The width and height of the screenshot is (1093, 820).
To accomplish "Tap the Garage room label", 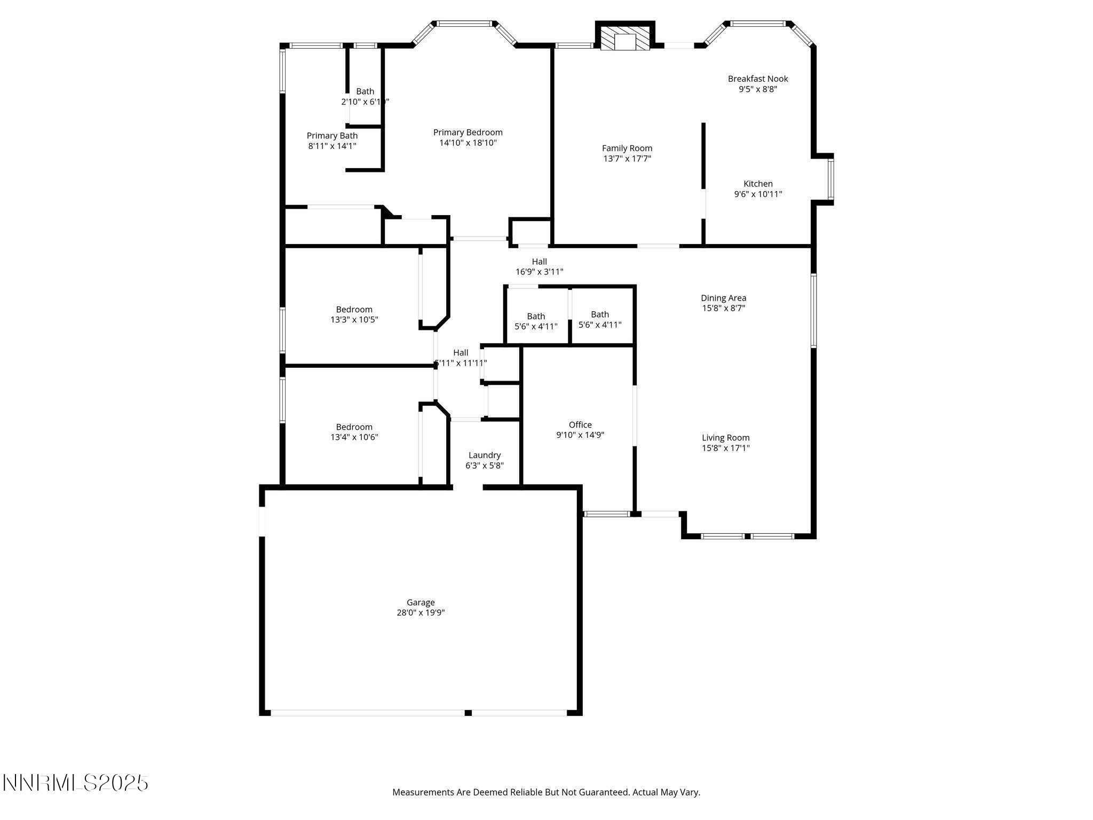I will (420, 602).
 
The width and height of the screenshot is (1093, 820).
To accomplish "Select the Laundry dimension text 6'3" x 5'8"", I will (484, 466).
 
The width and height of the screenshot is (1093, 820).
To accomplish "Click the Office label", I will (580, 425).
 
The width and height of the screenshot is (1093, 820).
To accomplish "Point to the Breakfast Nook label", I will (758, 79).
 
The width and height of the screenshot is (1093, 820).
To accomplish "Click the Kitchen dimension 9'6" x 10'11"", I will (758, 194).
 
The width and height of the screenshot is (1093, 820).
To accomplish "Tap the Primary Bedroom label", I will (468, 132).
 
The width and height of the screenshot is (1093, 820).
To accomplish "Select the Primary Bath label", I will (332, 136).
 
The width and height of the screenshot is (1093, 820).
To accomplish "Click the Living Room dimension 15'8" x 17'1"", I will (725, 448).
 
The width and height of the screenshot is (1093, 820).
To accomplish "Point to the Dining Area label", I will (723, 298).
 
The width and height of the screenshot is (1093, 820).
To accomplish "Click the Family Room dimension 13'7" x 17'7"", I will (627, 159).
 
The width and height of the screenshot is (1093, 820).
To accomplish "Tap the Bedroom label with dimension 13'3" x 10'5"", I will (354, 310).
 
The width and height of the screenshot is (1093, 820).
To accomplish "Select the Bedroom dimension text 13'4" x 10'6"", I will (354, 437).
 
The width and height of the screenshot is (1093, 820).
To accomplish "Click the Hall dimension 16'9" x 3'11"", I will (539, 272).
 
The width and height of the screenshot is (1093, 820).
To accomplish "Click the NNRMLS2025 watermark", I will (75, 783).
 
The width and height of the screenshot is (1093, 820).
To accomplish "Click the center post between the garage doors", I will (468, 713).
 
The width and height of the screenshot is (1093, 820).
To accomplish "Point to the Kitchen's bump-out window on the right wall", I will (831, 179).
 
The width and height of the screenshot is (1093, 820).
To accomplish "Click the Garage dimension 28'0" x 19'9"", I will (420, 613).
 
